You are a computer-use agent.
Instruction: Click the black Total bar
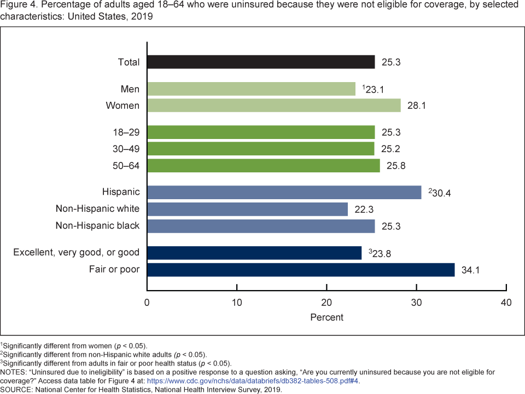pyautogui.click(x=261, y=62)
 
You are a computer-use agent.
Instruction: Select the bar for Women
pyautogui.click(x=274, y=105)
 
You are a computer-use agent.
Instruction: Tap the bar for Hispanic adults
pyautogui.click(x=284, y=192)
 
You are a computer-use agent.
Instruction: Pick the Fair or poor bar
pyautogui.click(x=301, y=270)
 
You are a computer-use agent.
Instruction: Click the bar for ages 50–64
pyautogui.click(x=264, y=165)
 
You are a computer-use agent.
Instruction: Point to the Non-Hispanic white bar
pyautogui.click(x=247, y=208)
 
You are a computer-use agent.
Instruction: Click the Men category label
pyautogui.click(x=130, y=89)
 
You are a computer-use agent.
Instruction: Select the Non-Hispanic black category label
pyautogui.click(x=97, y=225)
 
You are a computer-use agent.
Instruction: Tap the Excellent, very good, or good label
pyautogui.click(x=77, y=252)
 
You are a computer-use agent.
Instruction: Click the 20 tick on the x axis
pyautogui.click(x=326, y=303)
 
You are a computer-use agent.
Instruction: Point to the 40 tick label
pyautogui.click(x=506, y=303)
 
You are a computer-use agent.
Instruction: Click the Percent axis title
pyautogui.click(x=326, y=317)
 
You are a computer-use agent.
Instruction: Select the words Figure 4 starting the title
pyautogui.click(x=17, y=5)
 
